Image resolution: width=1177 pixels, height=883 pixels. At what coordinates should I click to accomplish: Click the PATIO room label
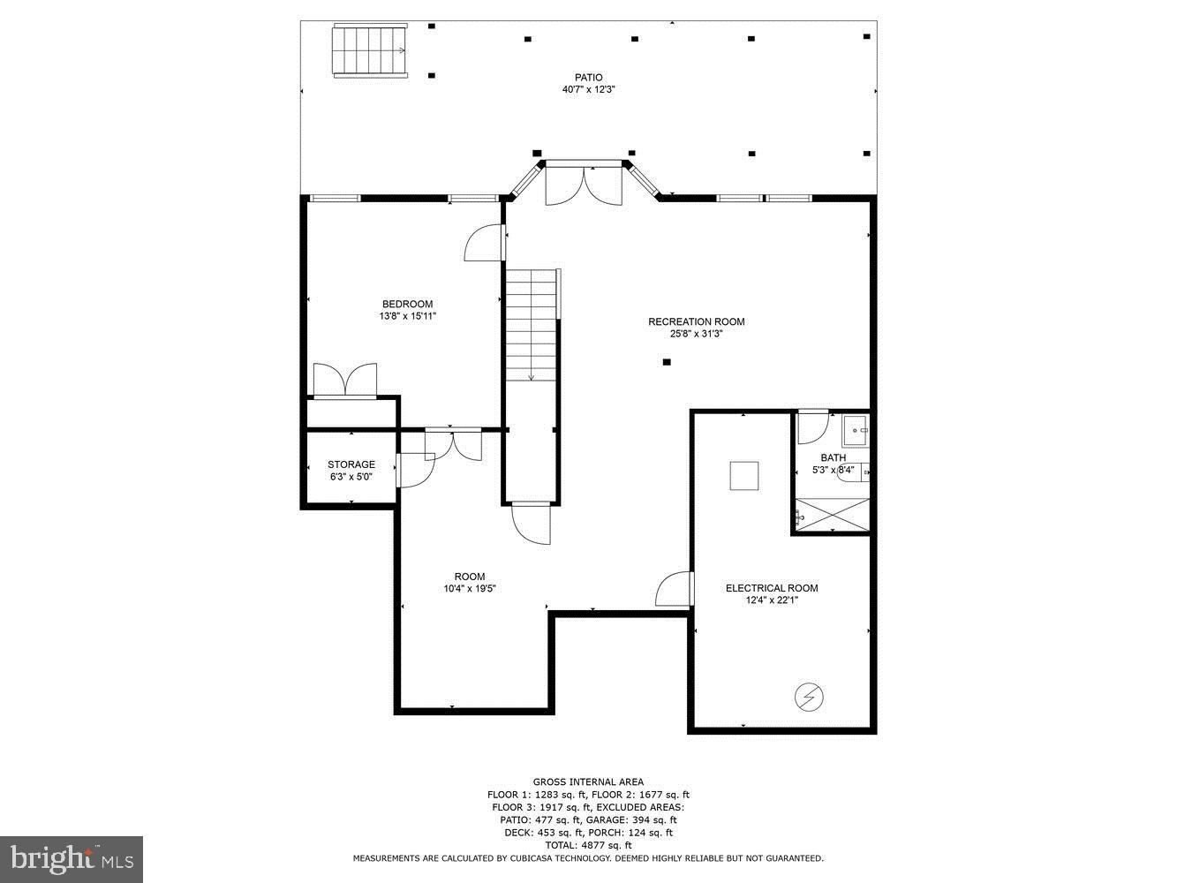click(588, 78)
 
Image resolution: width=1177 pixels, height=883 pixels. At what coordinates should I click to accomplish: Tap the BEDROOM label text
click(407, 305)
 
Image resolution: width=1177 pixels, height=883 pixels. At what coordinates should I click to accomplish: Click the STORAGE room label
click(351, 464)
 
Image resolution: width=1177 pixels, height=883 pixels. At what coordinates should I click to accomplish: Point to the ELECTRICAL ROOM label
click(771, 588)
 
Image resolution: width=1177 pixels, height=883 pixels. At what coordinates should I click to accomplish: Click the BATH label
click(833, 457)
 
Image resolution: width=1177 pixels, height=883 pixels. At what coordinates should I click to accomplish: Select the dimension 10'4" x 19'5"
click(470, 589)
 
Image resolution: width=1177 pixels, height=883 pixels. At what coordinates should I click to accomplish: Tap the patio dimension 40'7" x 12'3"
click(588, 90)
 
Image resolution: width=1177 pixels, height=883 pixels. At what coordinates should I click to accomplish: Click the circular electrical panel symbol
click(809, 698)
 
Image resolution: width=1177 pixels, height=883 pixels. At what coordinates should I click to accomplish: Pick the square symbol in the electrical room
click(743, 476)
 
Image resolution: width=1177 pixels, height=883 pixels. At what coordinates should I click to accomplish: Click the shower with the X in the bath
click(833, 515)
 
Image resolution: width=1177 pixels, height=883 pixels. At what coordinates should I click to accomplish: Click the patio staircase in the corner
click(369, 51)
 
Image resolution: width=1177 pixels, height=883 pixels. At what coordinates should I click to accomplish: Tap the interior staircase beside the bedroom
click(532, 325)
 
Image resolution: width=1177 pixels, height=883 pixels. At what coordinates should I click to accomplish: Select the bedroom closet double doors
click(344, 381)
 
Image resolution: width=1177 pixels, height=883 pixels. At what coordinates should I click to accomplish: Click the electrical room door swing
click(675, 590)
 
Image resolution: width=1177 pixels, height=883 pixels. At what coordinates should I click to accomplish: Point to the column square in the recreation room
click(667, 362)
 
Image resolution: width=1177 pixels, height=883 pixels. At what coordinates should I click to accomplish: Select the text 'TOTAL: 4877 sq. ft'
click(588, 845)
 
